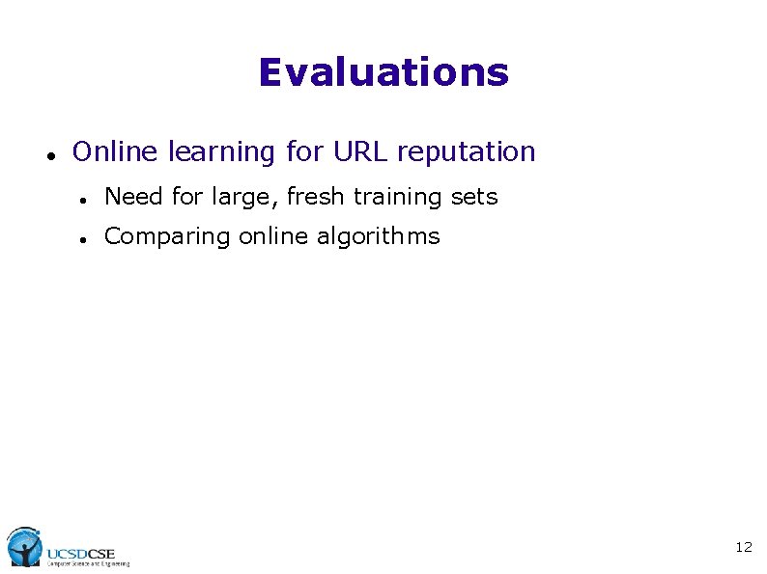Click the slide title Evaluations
point(383,72)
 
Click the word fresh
point(316,197)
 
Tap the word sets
point(475,197)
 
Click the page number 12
point(743,547)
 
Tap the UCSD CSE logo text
point(81,553)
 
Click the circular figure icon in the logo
point(23,546)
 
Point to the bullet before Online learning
point(49,154)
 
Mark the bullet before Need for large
point(85,199)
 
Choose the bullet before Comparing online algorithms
point(85,238)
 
